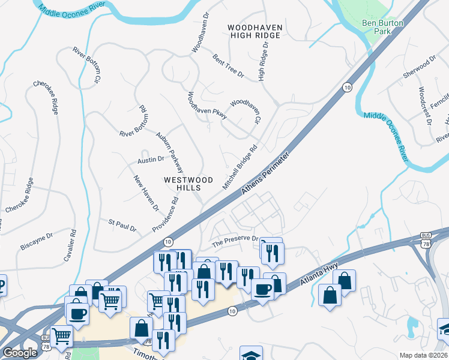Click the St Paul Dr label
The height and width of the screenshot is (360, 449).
point(122,226)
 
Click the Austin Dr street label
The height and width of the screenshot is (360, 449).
point(151,159)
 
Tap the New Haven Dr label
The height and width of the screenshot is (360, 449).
point(146,193)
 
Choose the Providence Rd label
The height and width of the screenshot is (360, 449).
point(166,213)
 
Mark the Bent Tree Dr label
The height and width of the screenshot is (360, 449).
point(228,66)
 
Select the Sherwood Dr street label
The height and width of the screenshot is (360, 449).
point(419,70)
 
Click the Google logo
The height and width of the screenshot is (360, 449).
point(20,353)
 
